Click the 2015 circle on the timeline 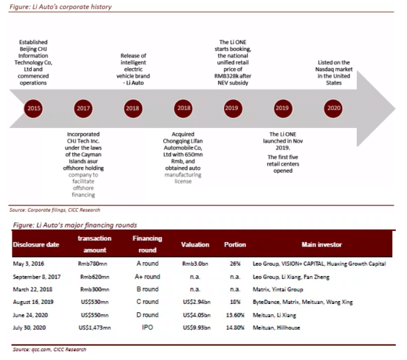tap(34, 108)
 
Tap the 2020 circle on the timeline tap(334, 108)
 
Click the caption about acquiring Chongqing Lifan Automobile tap(183, 157)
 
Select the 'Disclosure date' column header tap(35, 244)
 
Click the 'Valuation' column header tap(195, 244)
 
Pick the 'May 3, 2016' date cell tap(29, 263)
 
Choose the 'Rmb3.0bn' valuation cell tap(195, 263)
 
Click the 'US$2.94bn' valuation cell tap(195, 302)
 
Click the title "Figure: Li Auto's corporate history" tap(62, 7)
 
